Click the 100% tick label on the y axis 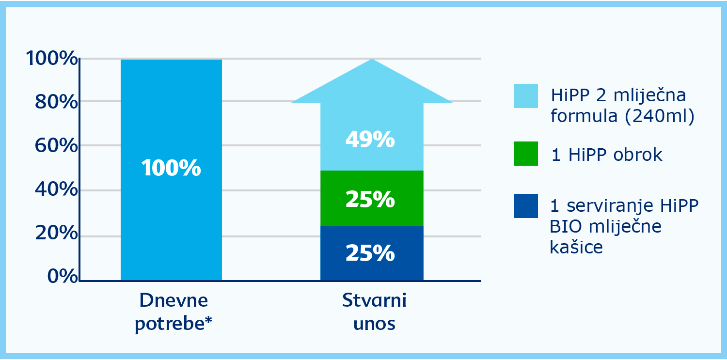click(52, 58)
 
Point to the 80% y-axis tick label click(56, 102)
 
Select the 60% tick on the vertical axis click(56, 145)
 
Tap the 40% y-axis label click(56, 189)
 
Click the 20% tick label click(56, 233)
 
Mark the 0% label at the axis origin click(63, 276)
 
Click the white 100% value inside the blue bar click(171, 168)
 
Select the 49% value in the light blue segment click(370, 140)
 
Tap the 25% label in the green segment click(370, 199)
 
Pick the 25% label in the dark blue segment click(370, 253)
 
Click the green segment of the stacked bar click(372, 198)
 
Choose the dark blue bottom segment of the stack click(372, 253)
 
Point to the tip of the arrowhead click(372, 59)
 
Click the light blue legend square click(526, 95)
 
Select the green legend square click(526, 154)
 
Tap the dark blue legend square click(526, 206)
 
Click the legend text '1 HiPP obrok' click(607, 155)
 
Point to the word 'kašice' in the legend click(576, 247)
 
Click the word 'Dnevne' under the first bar click(174, 300)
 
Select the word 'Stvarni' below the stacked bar click(374, 300)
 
